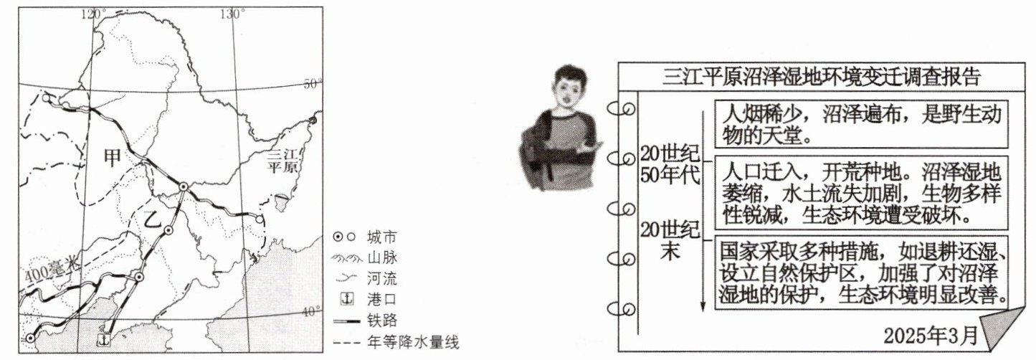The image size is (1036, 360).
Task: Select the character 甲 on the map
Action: (113, 156)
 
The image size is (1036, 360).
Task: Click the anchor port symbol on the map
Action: (105, 338)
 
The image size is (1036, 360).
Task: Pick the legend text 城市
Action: (381, 237)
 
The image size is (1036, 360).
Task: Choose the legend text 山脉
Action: (381, 257)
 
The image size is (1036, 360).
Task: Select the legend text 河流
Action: (381, 278)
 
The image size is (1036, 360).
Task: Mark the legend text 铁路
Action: (381, 320)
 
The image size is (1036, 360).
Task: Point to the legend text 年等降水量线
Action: (412, 341)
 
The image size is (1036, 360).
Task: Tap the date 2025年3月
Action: (930, 335)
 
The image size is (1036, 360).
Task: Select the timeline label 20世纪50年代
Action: (670, 164)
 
